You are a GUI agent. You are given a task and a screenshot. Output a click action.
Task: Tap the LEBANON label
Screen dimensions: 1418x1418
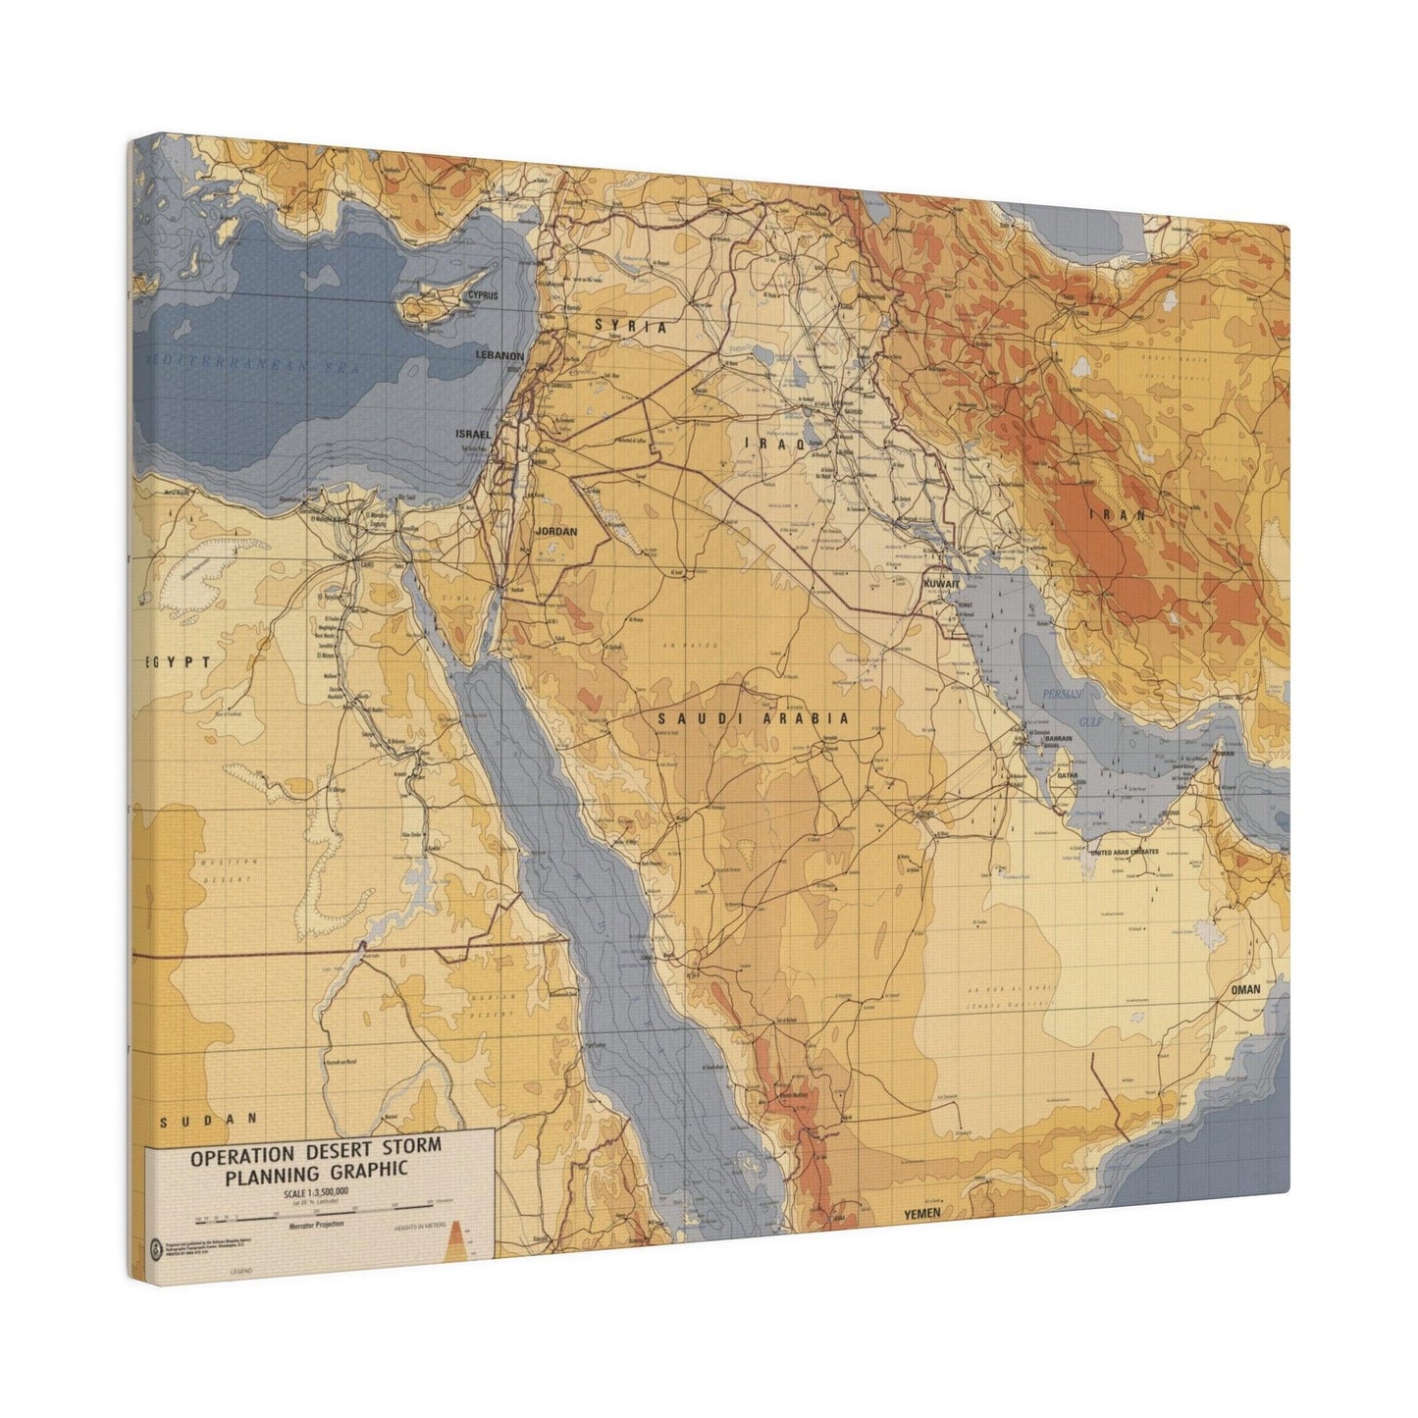500,355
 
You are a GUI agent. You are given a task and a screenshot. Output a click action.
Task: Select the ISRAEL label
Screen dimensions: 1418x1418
472,433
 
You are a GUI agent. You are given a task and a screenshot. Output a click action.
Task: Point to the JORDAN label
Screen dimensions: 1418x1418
555,531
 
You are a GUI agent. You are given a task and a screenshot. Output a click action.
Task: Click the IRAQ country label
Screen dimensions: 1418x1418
774,444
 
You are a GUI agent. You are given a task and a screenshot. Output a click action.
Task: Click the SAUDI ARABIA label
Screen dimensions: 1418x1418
753,718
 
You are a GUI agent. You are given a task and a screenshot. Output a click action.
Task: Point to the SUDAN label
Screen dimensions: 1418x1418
211,1117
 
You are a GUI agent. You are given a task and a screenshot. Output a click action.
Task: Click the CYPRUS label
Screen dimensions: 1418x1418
482,294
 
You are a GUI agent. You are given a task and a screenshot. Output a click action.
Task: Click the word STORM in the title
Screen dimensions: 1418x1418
403,1146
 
